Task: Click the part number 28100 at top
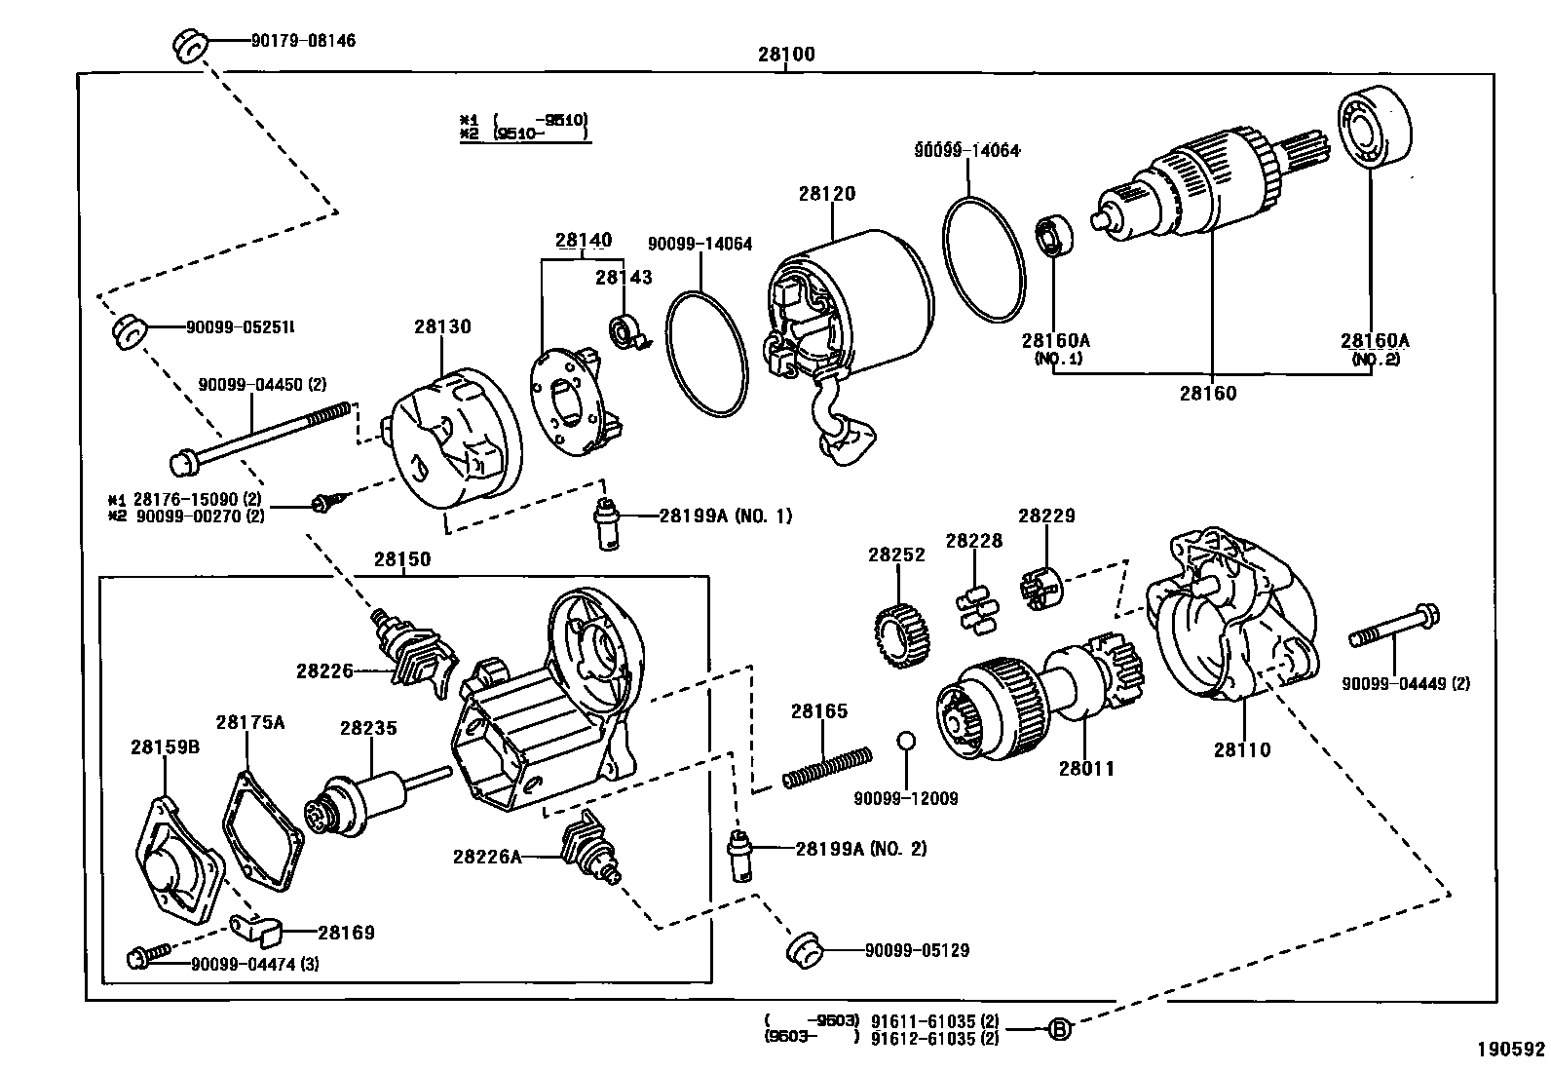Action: (x=785, y=55)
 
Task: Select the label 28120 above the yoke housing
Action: (x=826, y=194)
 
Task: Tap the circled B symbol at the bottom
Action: (x=1059, y=1027)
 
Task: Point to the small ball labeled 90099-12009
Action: (x=906, y=741)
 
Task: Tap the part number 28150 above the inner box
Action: (x=401, y=560)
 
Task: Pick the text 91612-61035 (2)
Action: (x=934, y=1038)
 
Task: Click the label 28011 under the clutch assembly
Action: (x=1086, y=768)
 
